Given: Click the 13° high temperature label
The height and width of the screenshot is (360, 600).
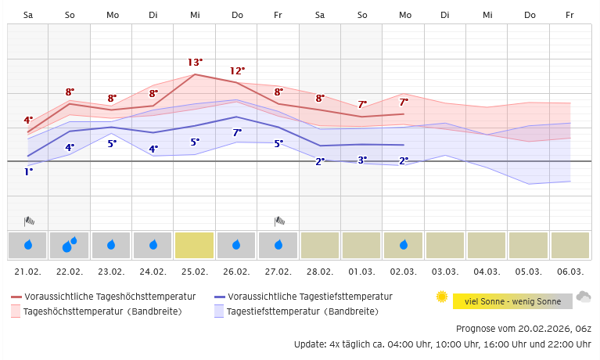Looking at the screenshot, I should point(195,62).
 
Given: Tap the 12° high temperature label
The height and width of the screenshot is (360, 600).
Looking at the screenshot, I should point(237,71).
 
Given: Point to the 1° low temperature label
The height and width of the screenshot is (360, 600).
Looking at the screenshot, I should point(28,171).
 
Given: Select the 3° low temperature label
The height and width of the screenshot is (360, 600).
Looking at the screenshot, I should point(362,160).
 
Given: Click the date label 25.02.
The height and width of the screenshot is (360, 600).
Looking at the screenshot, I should point(195,272).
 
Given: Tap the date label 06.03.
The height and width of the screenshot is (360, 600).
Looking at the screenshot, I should point(570,272).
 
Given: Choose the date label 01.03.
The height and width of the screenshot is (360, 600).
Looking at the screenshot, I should point(362,272).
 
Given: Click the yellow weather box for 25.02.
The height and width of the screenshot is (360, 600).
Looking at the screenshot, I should point(195,245).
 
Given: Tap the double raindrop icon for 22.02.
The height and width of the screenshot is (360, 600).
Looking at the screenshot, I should point(70,245).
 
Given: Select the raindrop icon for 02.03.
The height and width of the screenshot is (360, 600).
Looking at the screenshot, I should point(404,245).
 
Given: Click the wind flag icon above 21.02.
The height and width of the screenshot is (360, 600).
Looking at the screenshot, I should point(29,221).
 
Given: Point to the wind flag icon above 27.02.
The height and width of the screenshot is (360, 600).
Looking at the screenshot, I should point(279,221).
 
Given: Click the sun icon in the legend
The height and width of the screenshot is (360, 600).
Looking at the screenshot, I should point(442,297).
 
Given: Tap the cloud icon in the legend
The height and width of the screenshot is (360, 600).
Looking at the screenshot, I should point(584,297).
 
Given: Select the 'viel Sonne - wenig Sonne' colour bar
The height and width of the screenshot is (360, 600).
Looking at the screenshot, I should point(512,301).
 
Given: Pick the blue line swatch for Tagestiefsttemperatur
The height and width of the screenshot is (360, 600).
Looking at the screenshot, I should point(220,297).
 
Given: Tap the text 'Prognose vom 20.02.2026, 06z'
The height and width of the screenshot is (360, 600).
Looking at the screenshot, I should point(523,329).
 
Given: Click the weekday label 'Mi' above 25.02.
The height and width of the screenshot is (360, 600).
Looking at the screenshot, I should point(195,15).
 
